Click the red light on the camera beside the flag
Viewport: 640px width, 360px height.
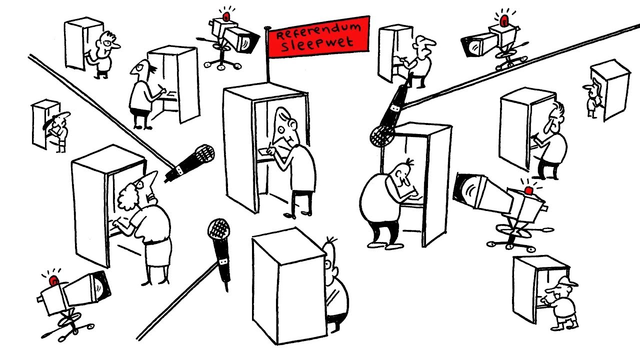(x=226, y=16)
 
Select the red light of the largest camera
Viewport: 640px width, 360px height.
(x=528, y=190)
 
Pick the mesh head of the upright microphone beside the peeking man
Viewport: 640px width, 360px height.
(x=219, y=230)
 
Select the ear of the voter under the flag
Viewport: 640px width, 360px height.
(x=292, y=123)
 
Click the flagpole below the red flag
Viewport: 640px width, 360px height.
(x=267, y=54)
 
